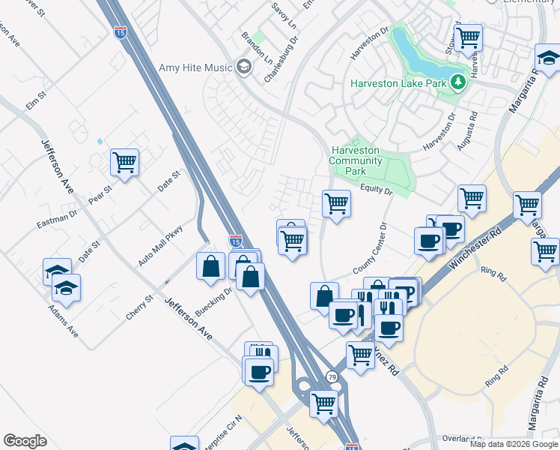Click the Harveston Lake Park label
click(398, 82)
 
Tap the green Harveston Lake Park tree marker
click(457, 82)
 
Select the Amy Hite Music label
click(195, 67)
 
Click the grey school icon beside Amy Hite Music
click(243, 67)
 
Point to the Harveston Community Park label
click(356, 160)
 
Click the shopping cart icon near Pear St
click(124, 161)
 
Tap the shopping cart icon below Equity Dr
click(337, 202)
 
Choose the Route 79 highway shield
click(331, 376)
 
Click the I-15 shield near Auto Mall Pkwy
click(235, 241)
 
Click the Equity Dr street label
click(376, 191)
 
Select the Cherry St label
click(139, 307)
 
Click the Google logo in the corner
click(25, 441)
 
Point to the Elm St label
click(36, 100)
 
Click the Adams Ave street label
click(63, 319)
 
